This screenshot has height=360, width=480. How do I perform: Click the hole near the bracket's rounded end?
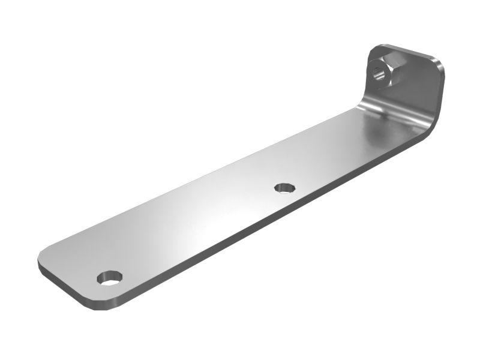pyautogui.click(x=110, y=278)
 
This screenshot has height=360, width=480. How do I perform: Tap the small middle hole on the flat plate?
pyautogui.click(x=285, y=188)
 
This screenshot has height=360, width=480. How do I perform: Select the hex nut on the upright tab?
pyautogui.click(x=384, y=71)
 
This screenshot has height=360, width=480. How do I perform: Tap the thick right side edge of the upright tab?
pyautogui.click(x=442, y=90)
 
